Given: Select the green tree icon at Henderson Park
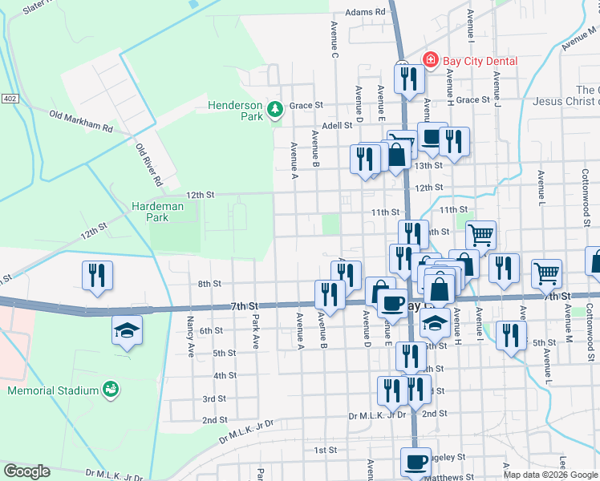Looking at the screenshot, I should click(275, 108).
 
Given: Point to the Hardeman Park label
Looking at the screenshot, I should click(158, 212).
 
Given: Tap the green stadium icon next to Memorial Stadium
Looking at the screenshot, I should click(111, 390).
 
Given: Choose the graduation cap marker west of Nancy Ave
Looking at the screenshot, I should click(127, 330).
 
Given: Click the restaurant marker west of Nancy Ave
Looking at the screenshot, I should click(97, 275).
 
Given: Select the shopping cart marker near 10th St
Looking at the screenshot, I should click(480, 235).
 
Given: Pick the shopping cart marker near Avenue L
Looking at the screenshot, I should click(546, 273).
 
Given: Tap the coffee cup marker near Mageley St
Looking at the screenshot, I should click(416, 462).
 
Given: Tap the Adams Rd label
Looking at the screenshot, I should click(367, 13).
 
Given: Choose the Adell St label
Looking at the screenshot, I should click(337, 126).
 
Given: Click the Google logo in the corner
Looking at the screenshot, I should click(26, 471).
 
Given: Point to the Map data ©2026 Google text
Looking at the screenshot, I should click(549, 475).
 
